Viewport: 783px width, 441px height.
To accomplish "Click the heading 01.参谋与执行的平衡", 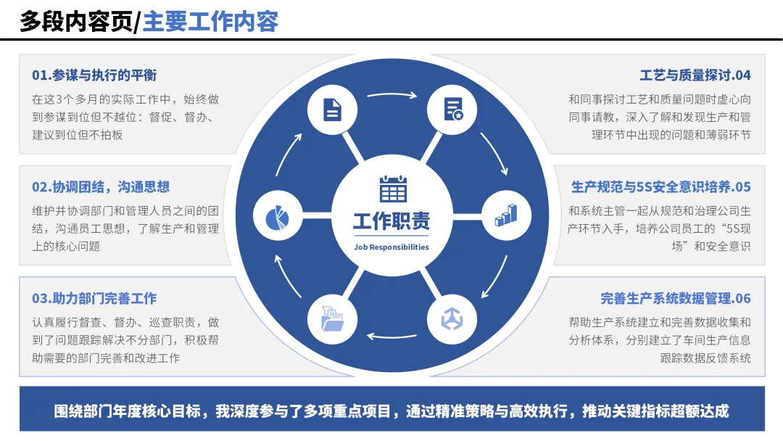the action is pyautogui.click(x=94, y=75).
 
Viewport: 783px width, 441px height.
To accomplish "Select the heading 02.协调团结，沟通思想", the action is pyautogui.click(x=101, y=187).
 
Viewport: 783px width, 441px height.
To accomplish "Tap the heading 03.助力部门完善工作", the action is pyautogui.click(x=94, y=299).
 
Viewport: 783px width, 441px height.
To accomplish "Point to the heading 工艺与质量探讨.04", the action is pyautogui.click(x=695, y=75).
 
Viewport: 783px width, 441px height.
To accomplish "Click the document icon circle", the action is pyautogui.click(x=333, y=110).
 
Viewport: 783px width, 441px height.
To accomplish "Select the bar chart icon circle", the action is pyautogui.click(x=506, y=215).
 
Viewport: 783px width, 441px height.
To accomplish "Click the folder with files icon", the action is pyautogui.click(x=333, y=319).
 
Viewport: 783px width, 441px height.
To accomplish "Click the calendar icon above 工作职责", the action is pyautogui.click(x=393, y=189).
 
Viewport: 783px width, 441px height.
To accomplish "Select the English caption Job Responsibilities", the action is pyautogui.click(x=391, y=247).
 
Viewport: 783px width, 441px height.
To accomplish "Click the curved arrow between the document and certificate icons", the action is pyautogui.click(x=393, y=94).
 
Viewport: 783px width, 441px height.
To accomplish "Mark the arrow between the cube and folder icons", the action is pyautogui.click(x=393, y=336).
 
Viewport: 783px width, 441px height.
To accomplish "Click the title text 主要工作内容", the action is pyautogui.click(x=211, y=21).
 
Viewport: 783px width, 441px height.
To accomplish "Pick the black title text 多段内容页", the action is pyautogui.click(x=76, y=21).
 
